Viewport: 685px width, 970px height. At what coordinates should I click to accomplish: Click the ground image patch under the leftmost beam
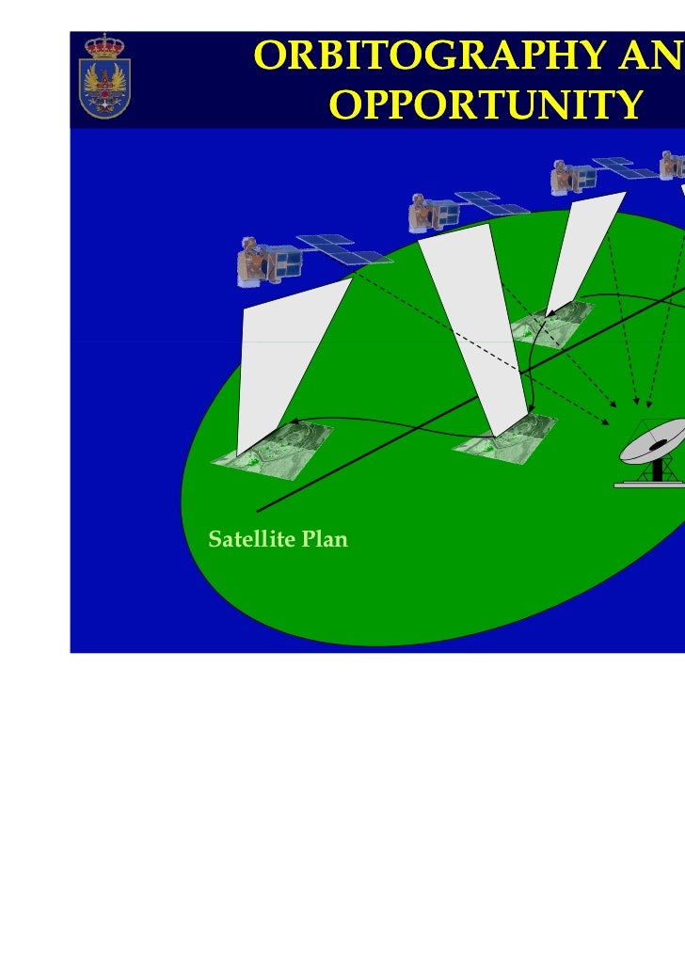pyautogui.click(x=273, y=450)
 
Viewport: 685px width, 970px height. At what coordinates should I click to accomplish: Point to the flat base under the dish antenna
pyautogui.click(x=649, y=485)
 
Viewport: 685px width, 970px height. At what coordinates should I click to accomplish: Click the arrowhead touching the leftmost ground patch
pyautogui.click(x=294, y=422)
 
